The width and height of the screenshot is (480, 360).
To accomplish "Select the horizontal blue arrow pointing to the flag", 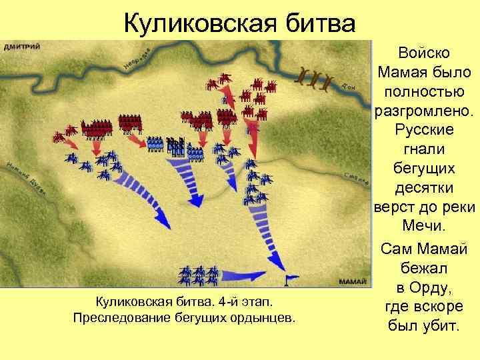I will (x=247, y=275).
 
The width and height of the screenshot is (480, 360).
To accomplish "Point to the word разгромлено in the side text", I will (x=425, y=107).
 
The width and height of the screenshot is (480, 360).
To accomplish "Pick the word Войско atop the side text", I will (x=425, y=52).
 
